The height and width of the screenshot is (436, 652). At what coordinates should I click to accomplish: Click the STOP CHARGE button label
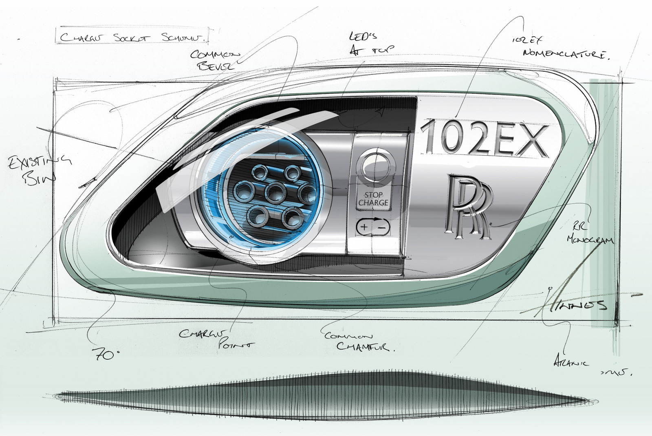click(373, 199)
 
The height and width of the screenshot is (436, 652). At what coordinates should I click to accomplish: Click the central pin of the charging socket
click(275, 192)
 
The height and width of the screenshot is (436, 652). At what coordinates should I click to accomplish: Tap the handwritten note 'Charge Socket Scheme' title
click(133, 37)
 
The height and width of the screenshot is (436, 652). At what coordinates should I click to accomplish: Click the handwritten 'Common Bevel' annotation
click(215, 59)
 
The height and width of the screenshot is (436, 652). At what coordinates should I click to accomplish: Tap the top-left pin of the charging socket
click(259, 174)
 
